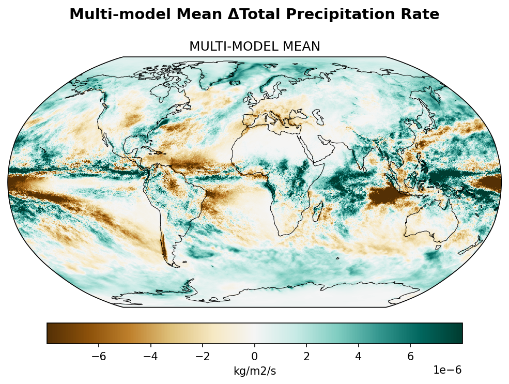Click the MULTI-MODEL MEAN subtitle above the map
(x=254, y=47)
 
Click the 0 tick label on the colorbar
(x=254, y=357)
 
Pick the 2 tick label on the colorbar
(x=306, y=357)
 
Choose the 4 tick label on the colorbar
(x=358, y=357)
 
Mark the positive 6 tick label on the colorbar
(x=410, y=357)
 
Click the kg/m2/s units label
(x=254, y=371)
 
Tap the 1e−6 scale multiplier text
(x=448, y=371)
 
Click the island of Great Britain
(x=252, y=99)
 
